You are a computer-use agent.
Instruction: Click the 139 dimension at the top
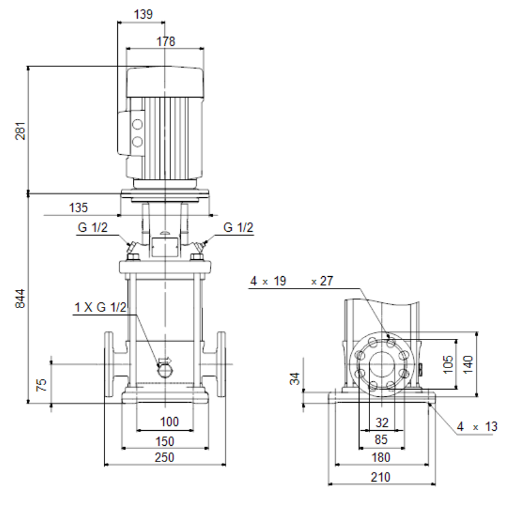click(x=143, y=14)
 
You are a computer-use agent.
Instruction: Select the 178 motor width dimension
click(x=166, y=41)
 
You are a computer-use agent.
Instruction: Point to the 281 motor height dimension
click(x=20, y=131)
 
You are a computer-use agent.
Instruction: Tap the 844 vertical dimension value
click(x=20, y=298)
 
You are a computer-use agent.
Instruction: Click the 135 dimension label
click(x=78, y=208)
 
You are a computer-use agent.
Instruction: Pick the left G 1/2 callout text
click(x=93, y=227)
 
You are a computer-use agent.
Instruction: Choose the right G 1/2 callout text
click(x=238, y=227)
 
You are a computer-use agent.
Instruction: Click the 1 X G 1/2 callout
click(x=100, y=307)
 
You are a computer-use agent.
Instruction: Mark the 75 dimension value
click(x=41, y=385)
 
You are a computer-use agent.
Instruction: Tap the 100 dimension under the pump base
click(x=170, y=421)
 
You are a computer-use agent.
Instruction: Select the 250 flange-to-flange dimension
click(x=164, y=457)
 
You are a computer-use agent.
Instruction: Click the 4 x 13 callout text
click(x=477, y=426)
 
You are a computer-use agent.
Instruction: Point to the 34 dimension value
click(x=296, y=378)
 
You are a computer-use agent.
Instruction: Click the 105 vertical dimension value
click(x=448, y=364)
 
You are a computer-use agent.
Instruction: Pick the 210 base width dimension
click(x=380, y=477)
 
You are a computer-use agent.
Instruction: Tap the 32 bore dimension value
click(x=382, y=423)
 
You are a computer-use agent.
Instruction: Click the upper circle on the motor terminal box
click(x=137, y=125)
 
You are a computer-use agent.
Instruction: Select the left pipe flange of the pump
click(x=109, y=364)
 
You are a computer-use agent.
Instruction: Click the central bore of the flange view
click(x=382, y=364)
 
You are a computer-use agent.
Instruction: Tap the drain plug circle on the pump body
click(x=165, y=370)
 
